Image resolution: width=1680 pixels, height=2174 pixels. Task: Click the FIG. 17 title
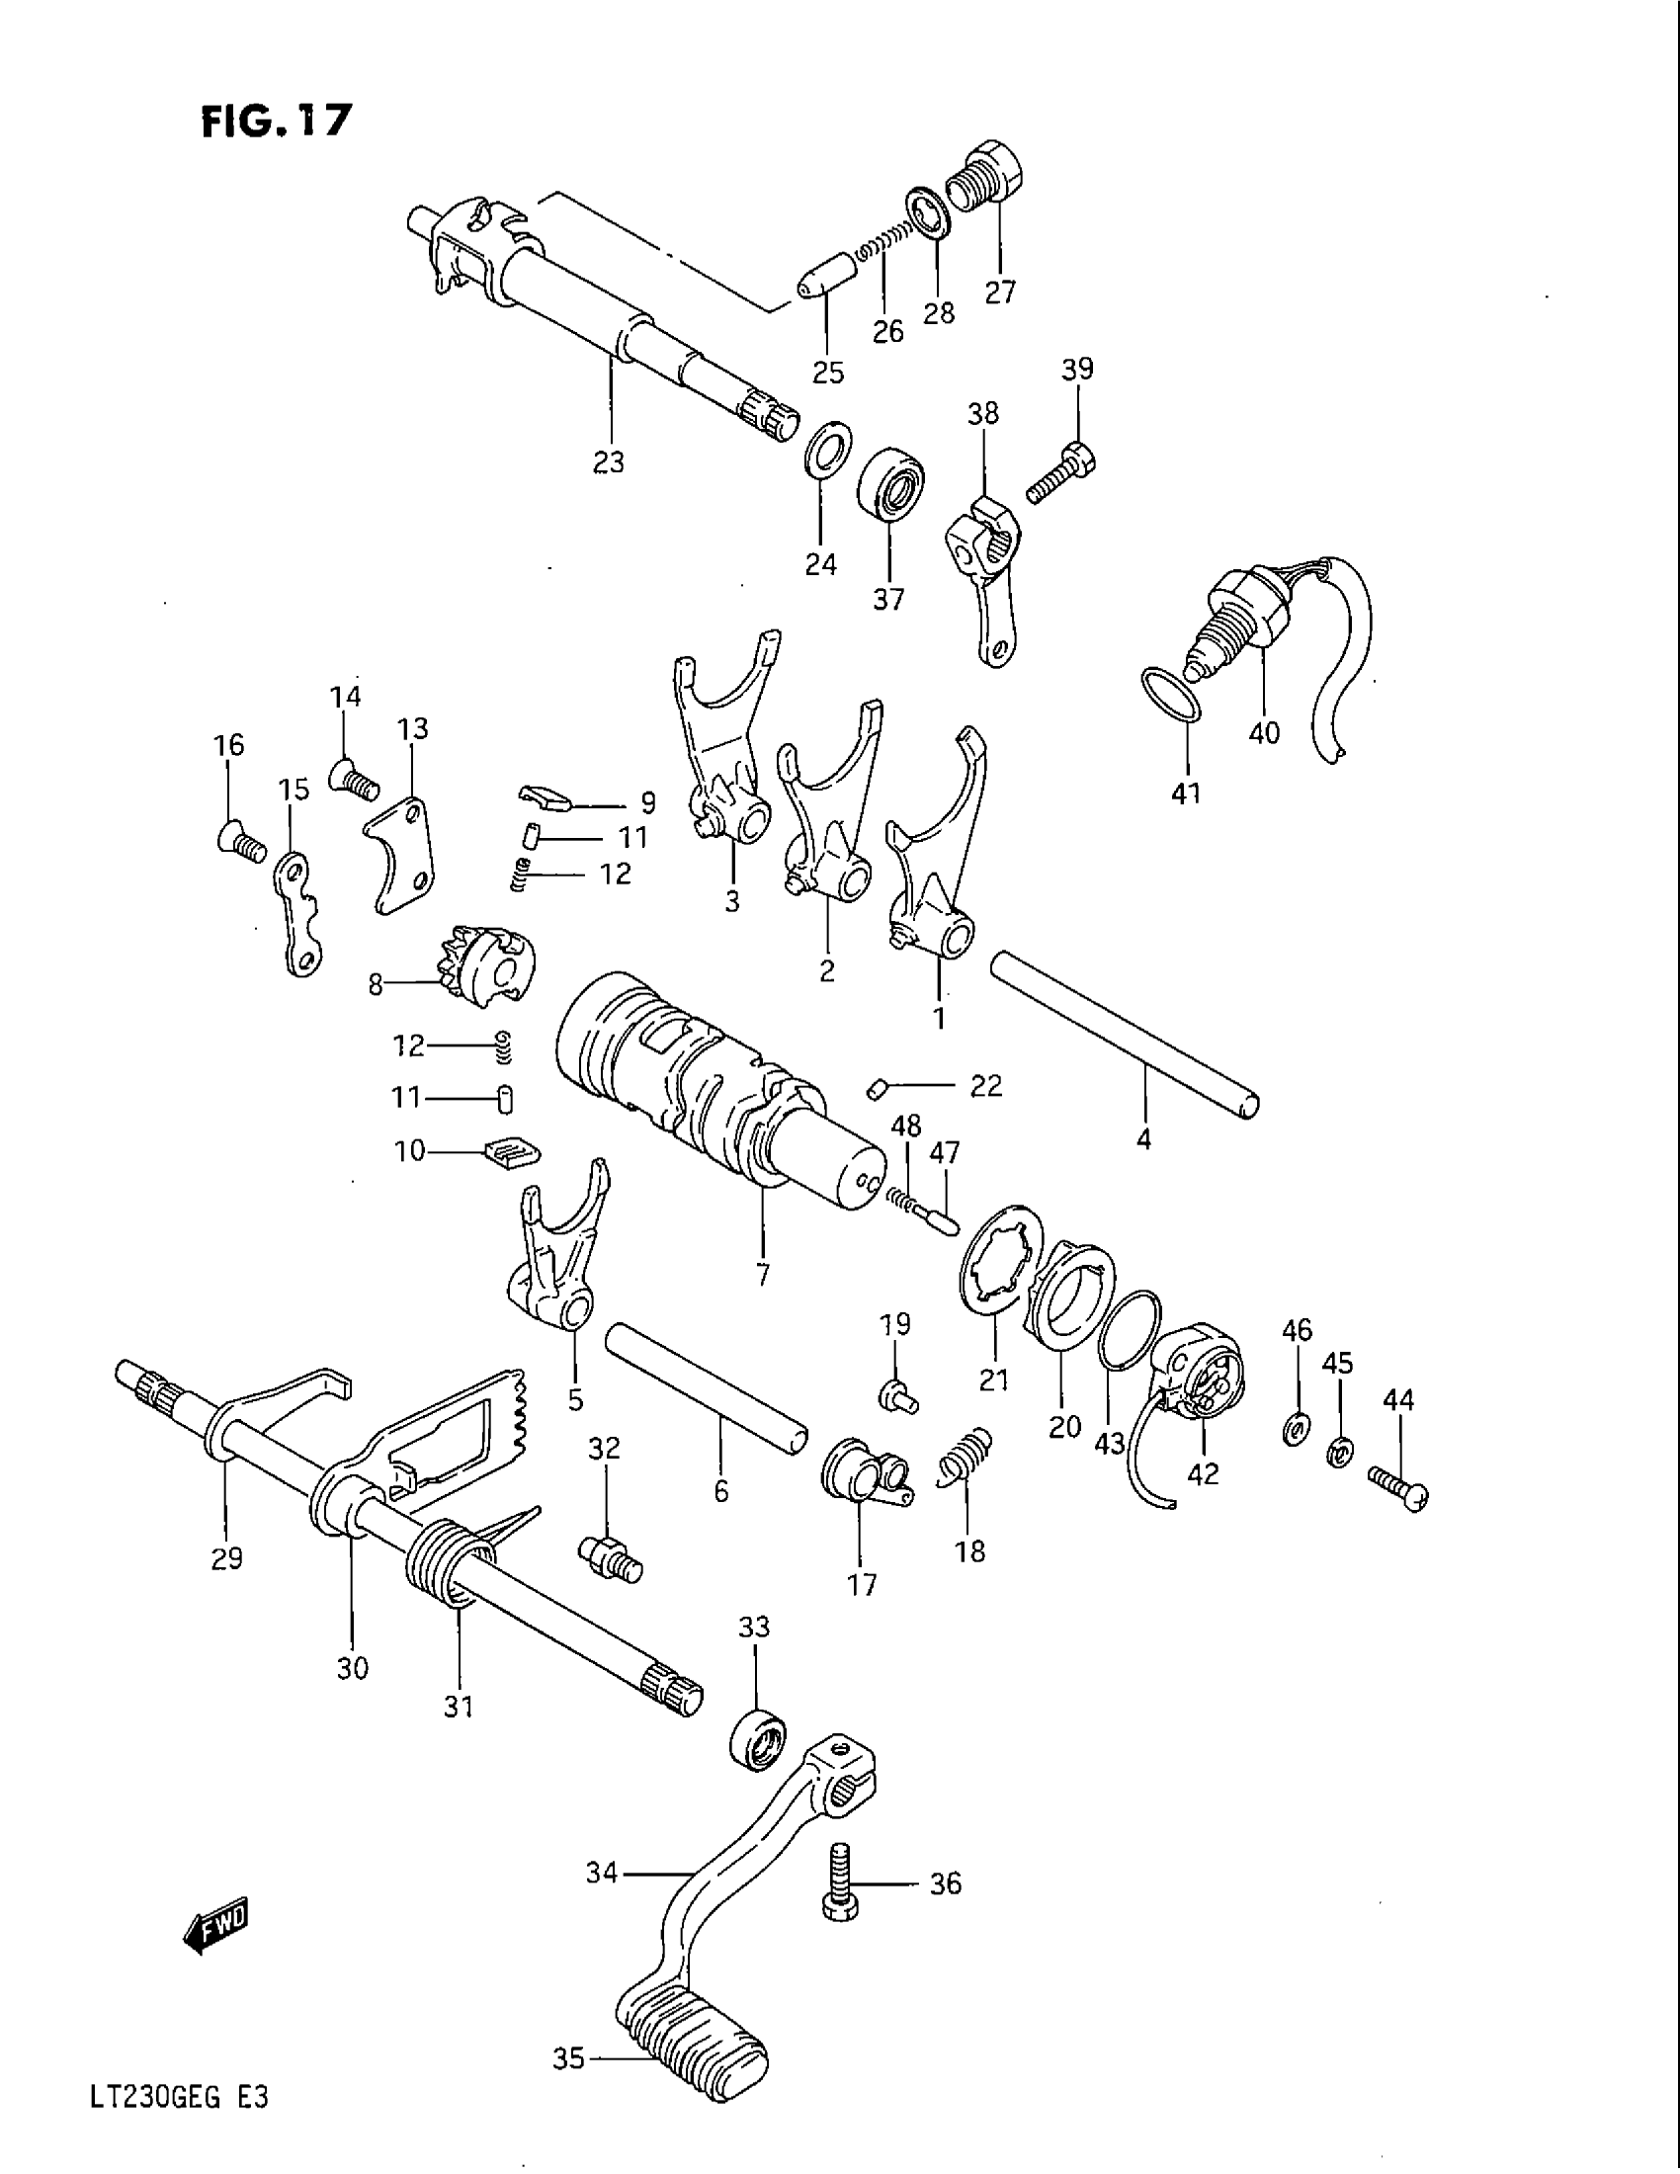pyautogui.click(x=277, y=121)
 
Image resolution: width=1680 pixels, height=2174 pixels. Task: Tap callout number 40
pyautogui.click(x=1264, y=733)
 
